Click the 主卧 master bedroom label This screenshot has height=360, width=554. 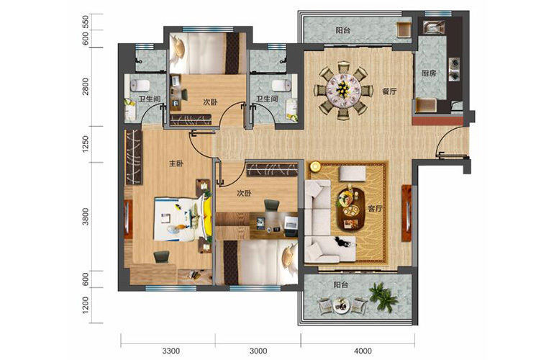pos(176,163)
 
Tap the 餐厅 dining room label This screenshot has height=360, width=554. pos(389,91)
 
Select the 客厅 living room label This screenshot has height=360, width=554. pos(376,209)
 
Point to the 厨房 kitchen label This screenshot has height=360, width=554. pos(429,73)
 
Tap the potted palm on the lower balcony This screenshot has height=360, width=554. pos(383,297)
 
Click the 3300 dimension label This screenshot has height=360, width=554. pos(171,351)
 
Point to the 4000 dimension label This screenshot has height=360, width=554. pos(363,351)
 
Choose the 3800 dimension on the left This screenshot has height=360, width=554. pos(85,217)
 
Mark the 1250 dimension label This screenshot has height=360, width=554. pos(85,144)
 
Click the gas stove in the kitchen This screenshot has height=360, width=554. pos(455,69)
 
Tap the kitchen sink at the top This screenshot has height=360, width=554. pos(434,27)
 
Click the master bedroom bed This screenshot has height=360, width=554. pos(183,220)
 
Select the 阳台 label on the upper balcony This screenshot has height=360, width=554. pos(343,30)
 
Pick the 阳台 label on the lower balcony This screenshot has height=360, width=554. pos(341,284)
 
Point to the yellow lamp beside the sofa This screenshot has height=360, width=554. pos(314,166)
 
